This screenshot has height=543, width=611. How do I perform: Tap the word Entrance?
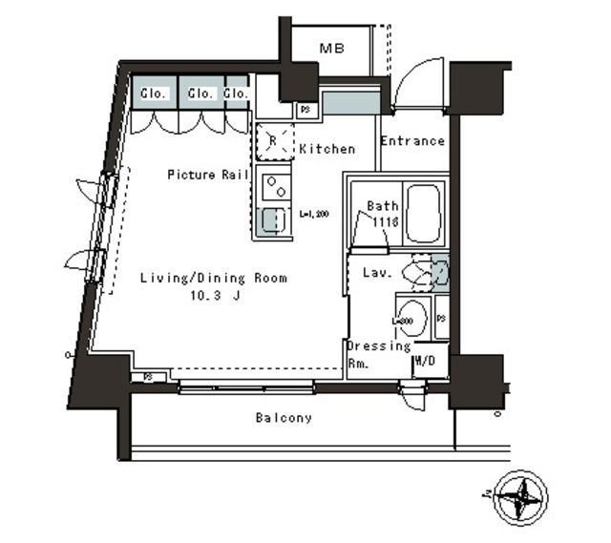point(412,141)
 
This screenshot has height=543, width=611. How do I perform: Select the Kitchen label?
point(327,149)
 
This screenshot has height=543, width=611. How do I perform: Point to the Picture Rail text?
point(208,175)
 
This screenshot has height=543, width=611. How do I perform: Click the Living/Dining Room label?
point(214,279)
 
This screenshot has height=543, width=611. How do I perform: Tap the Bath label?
point(382,206)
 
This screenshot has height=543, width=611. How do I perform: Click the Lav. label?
point(375,273)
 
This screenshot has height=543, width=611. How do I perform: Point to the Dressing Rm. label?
point(378,354)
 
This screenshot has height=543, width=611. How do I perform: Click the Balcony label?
point(284,418)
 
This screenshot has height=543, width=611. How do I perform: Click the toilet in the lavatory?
point(421,274)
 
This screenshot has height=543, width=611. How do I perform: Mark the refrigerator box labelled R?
point(273,140)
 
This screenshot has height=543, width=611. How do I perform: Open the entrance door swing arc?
point(417,85)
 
